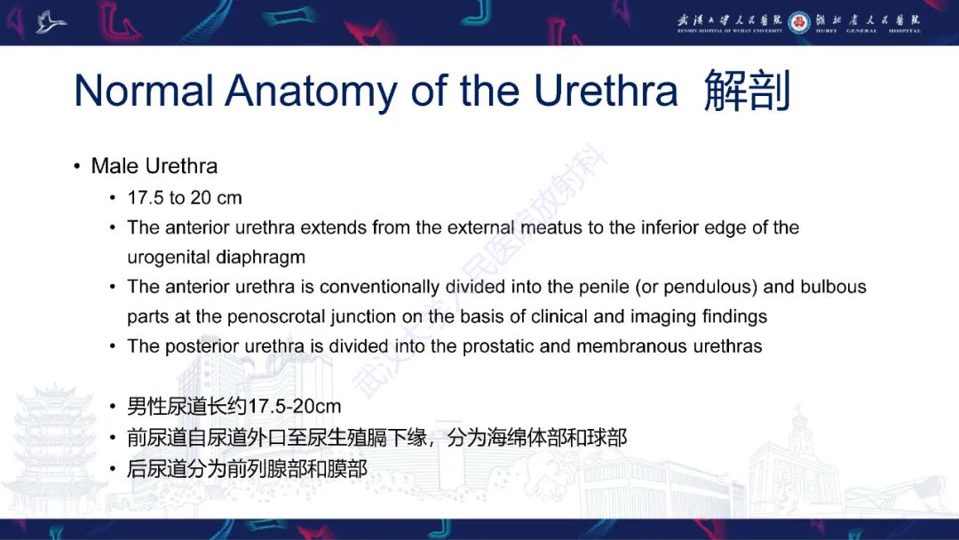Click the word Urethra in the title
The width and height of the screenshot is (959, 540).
pos(606,91)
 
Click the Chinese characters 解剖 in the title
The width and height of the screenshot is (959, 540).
pos(747,91)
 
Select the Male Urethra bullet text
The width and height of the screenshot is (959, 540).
pos(154,166)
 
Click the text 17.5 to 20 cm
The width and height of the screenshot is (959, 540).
pos(185,197)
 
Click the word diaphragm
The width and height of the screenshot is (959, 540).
pos(262,258)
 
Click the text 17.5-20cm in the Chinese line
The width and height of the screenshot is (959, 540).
pos(294,407)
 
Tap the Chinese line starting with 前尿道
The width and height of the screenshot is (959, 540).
pos(376,437)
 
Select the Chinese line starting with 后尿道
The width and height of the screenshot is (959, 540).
pos(247,468)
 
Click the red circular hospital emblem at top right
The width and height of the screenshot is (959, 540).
pos(799,22)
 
